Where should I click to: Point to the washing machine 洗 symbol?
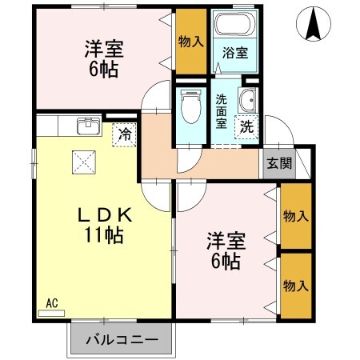pos(247,126)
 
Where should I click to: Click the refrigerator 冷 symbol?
pos(126,134)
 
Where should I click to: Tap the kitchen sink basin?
pos(87,126)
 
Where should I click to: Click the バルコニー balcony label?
pos(122,341)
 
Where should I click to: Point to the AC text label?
pos(51,302)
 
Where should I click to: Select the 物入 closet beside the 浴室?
pos(190,41)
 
